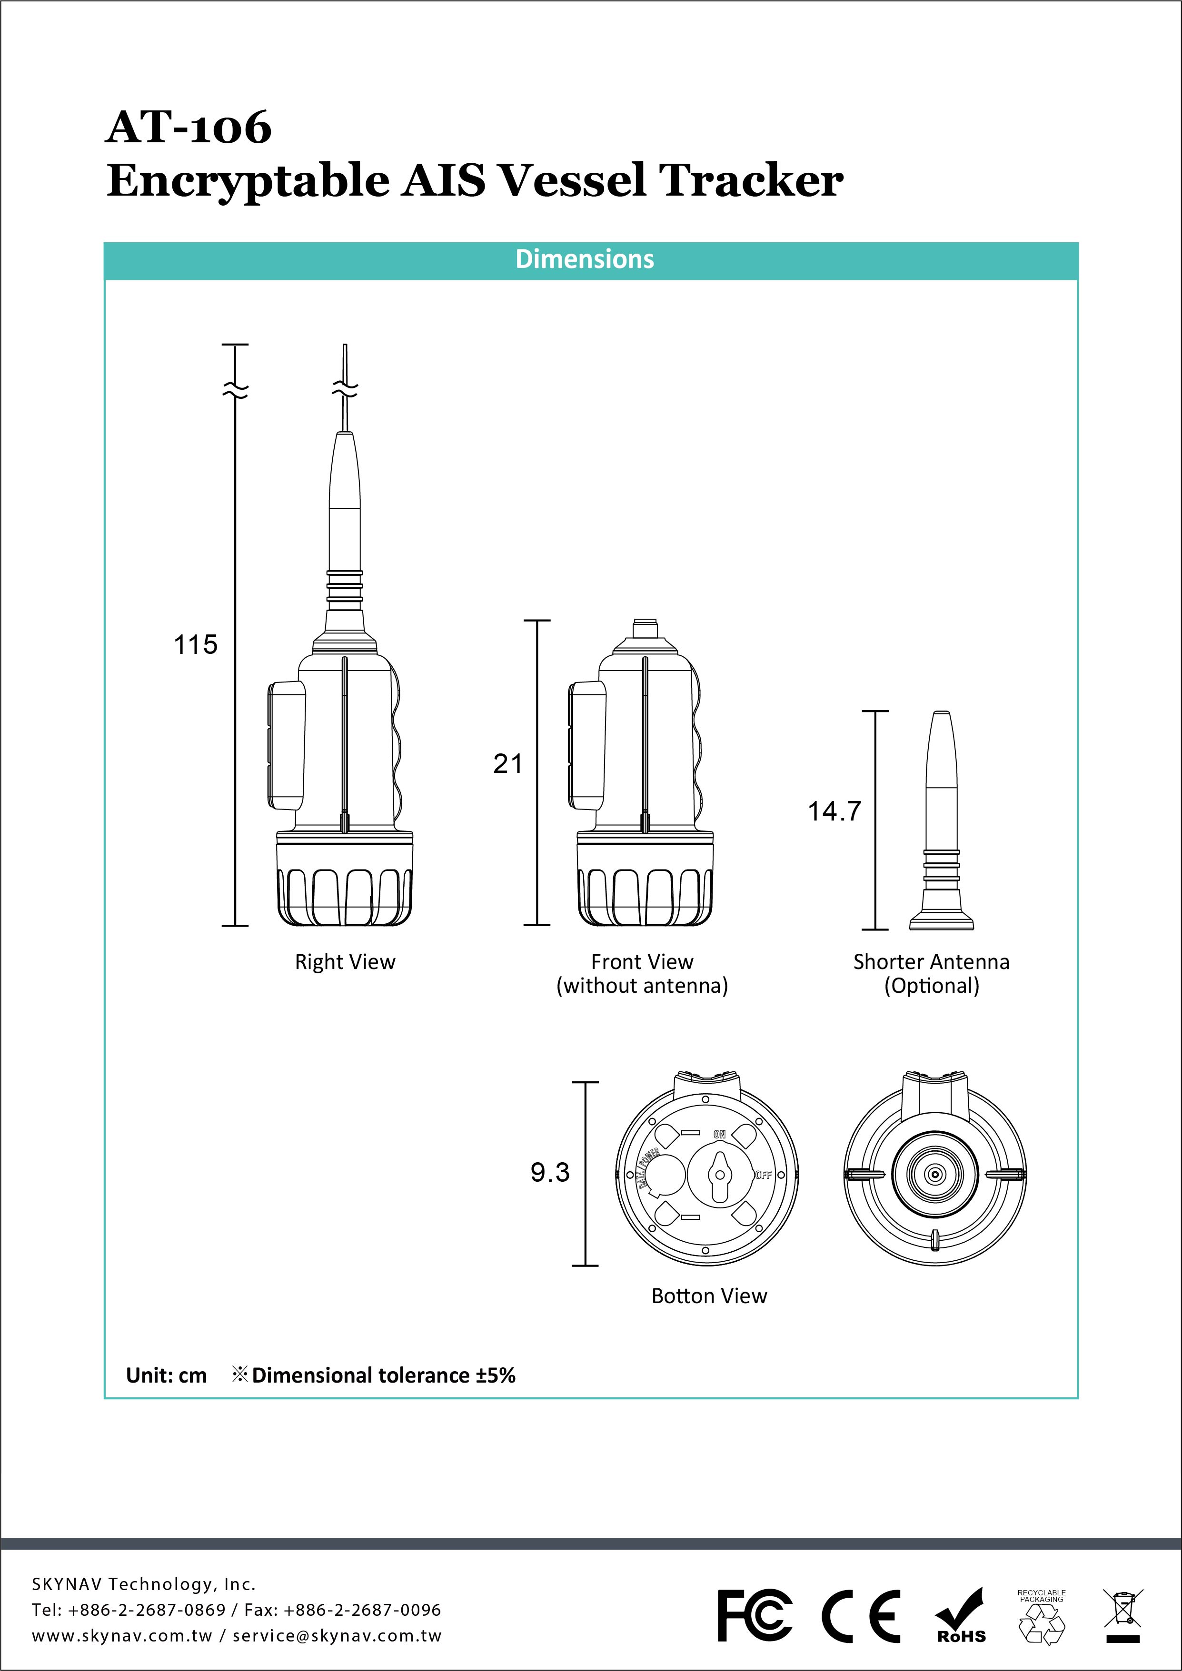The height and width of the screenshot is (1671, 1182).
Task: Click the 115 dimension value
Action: (196, 645)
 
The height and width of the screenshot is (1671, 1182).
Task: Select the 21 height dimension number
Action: (508, 764)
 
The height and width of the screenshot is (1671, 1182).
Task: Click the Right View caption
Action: (345, 962)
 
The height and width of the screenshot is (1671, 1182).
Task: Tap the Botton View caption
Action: (709, 1296)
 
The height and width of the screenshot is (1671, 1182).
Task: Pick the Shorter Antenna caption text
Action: (931, 962)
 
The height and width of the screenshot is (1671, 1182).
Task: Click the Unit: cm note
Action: (167, 1375)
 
